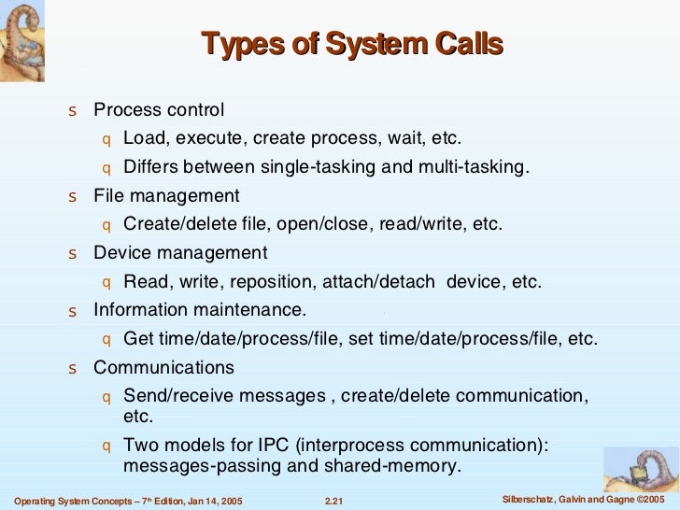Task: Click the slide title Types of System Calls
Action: click(x=352, y=44)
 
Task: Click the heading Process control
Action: click(x=159, y=110)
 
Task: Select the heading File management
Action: click(x=166, y=196)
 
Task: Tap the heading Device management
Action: click(x=180, y=253)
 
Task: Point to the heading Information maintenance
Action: click(x=199, y=309)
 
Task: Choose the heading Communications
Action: click(x=163, y=367)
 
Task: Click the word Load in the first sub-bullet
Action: click(x=143, y=139)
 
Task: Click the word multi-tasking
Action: click(x=476, y=168)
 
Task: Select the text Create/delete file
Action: click(x=191, y=225)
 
